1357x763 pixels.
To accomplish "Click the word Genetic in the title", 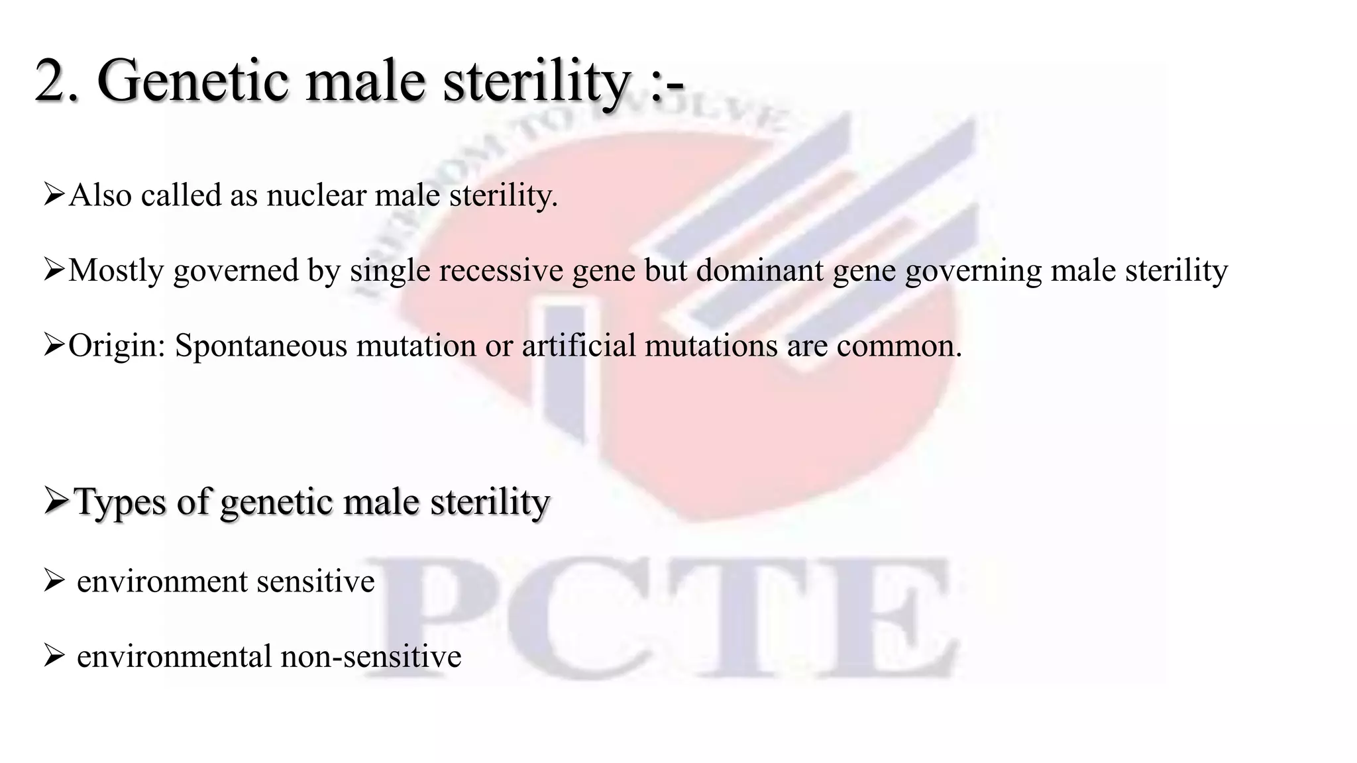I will tap(192, 81).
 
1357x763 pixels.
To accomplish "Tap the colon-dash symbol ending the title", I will tap(666, 86).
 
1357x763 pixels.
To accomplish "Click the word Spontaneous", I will tap(260, 346).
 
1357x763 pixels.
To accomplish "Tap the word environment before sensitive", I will tap(162, 582).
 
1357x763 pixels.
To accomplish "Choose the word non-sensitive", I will tap(370, 656).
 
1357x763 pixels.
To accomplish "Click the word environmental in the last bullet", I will tap(174, 656).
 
